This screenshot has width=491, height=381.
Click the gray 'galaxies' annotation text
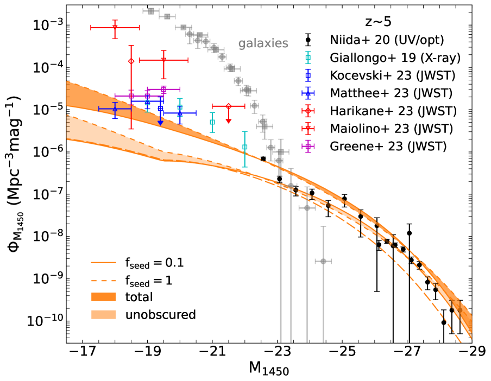tap(263, 43)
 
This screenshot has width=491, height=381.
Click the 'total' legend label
tap(139, 297)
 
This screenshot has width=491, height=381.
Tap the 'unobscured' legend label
tap(160, 314)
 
